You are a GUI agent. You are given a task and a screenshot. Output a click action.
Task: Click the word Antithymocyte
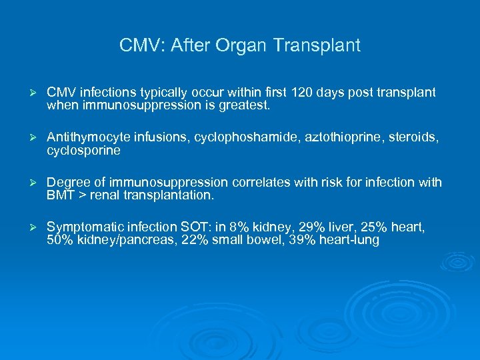(85, 137)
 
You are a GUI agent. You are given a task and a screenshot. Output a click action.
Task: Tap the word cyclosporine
(83, 150)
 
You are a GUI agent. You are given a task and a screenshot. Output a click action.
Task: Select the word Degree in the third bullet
(66, 183)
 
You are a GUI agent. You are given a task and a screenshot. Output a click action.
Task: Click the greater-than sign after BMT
(83, 195)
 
